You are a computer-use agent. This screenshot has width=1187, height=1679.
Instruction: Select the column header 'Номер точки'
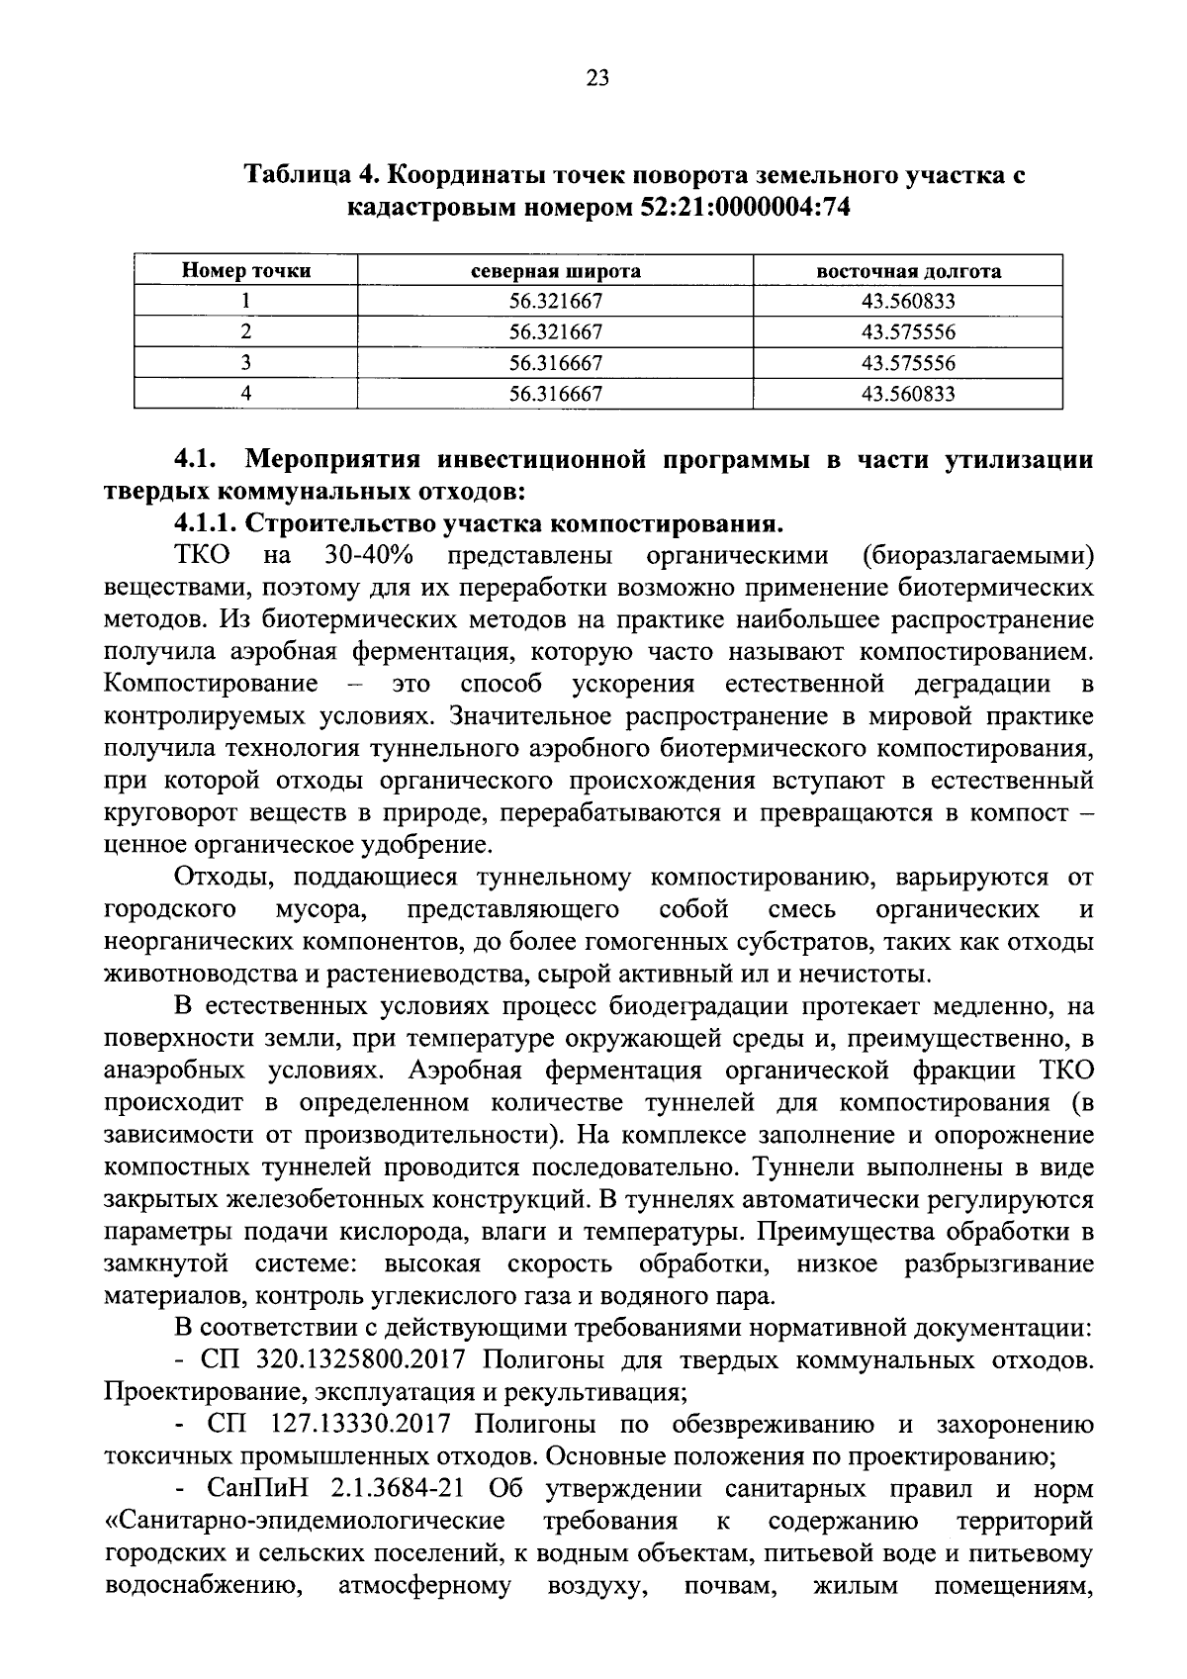[x=246, y=270]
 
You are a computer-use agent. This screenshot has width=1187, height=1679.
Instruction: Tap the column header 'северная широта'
[x=555, y=270]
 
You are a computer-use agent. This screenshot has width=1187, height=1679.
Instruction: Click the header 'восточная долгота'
[x=908, y=270]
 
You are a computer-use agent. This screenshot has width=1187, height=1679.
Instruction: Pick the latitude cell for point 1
[x=555, y=302]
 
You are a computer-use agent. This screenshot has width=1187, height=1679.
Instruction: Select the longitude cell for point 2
[x=908, y=332]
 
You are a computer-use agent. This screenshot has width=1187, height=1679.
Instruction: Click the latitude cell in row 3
[x=555, y=363]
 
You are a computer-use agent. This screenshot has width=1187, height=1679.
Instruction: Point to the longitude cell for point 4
[x=908, y=394]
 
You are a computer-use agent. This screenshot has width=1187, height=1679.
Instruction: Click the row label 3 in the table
[x=246, y=363]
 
